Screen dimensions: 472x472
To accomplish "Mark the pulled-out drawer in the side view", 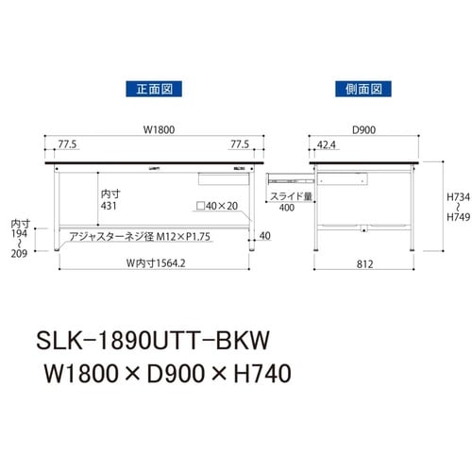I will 289,176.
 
